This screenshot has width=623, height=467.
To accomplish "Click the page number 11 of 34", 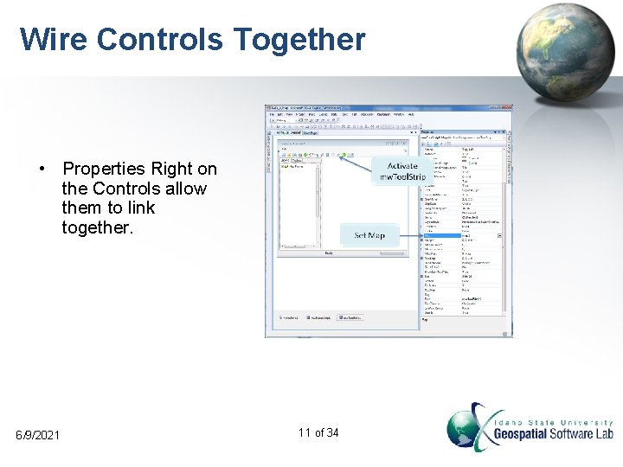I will [318, 432].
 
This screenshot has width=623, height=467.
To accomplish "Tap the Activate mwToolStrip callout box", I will [402, 171].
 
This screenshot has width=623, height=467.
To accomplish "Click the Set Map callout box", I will [369, 235].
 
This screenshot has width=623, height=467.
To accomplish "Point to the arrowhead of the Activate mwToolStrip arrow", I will [341, 157].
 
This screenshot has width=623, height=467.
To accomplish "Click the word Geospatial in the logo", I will [522, 434].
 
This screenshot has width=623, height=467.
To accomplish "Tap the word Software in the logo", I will [571, 434].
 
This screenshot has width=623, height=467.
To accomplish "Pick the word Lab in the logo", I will [604, 434].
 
